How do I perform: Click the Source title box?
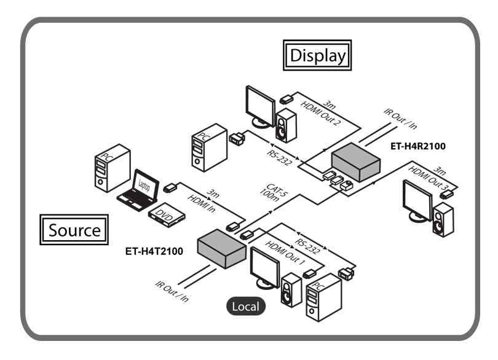pos(74,230)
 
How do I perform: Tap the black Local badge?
pos(245,306)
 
